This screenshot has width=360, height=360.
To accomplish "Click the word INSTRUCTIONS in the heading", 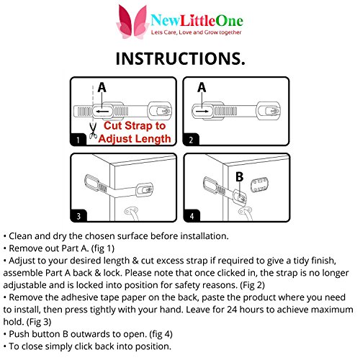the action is click(178, 59).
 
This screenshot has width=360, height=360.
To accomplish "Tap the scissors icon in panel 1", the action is click(93, 131).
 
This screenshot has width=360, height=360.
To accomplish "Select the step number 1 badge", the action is click(78, 140).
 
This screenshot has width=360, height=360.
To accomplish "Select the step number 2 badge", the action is click(191, 140).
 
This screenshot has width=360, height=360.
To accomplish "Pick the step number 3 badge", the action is click(78, 216).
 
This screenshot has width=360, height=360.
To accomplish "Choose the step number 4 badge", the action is click(192, 216).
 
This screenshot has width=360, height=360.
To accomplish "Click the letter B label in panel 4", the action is click(239, 177).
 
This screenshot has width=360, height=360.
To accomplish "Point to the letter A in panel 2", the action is click(202, 87).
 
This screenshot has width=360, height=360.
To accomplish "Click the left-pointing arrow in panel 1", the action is click(102, 112).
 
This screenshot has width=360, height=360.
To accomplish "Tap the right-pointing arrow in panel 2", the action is click(202, 112).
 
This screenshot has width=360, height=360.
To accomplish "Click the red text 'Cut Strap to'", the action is click(135, 126).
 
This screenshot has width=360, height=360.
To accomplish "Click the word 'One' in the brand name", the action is click(229, 21).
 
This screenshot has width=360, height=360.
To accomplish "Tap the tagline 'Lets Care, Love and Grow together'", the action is click(196, 32).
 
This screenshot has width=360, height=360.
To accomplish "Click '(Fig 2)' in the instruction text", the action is click(252, 285).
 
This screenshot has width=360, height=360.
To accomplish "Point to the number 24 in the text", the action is click(232, 310).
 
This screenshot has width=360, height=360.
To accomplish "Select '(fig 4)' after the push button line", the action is click(161, 334).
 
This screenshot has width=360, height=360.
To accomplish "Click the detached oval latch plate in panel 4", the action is click(259, 184).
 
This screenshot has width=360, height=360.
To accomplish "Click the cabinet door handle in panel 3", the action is click(132, 213).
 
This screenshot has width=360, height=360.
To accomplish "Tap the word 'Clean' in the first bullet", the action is click(20, 236).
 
